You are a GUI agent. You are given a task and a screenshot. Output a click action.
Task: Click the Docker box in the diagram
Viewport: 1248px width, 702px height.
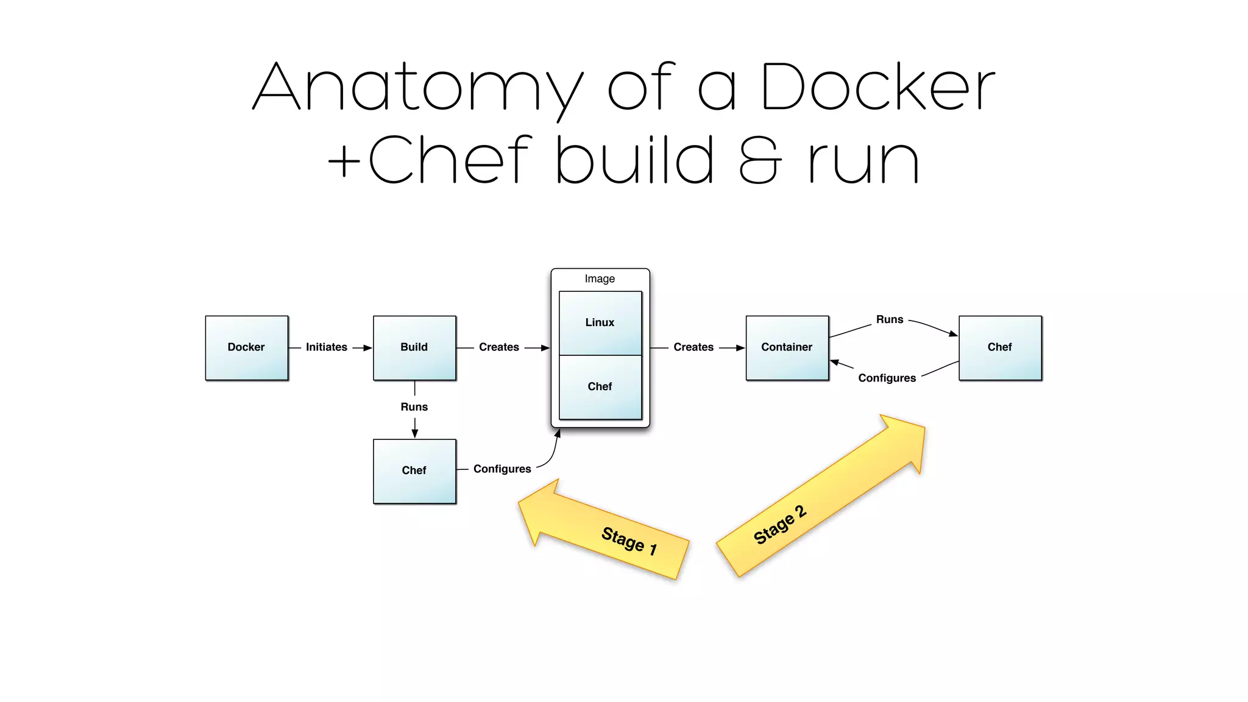(246, 347)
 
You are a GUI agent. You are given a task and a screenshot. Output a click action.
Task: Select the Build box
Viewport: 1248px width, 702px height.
(414, 347)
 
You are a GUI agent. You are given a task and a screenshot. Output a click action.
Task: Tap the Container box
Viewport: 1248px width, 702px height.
(787, 347)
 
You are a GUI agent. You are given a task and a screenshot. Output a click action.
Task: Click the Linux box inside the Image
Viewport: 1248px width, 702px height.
(600, 322)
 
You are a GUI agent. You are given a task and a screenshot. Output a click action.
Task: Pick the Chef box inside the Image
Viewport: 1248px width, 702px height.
(600, 386)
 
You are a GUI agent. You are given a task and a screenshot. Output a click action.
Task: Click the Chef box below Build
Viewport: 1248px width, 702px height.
(414, 470)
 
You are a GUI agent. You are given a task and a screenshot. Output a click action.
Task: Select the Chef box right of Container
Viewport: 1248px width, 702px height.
(999, 347)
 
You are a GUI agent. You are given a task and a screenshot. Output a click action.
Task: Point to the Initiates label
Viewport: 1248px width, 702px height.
(326, 347)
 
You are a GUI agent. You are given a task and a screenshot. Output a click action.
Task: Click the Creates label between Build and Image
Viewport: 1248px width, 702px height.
(498, 347)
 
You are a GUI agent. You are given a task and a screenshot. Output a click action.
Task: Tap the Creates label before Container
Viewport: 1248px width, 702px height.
(693, 347)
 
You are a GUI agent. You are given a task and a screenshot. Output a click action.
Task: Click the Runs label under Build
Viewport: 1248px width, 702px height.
(414, 407)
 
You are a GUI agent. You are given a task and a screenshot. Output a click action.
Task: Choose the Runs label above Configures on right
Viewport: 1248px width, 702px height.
(889, 319)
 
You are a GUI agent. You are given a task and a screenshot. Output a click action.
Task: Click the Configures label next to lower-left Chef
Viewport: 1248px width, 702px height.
(502, 469)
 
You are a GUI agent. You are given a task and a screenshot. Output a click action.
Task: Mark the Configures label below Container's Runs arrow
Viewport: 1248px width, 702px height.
(887, 378)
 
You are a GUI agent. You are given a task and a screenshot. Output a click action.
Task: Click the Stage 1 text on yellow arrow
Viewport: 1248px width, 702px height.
(629, 540)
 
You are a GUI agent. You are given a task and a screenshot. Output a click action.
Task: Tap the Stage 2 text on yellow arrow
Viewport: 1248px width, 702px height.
(780, 525)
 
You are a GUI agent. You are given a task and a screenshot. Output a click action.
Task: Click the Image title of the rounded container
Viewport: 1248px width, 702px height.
(600, 278)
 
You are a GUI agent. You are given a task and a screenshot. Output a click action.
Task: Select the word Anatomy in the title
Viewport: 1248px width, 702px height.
(418, 88)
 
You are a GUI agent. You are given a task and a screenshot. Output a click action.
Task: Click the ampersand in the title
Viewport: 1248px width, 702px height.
(759, 160)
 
